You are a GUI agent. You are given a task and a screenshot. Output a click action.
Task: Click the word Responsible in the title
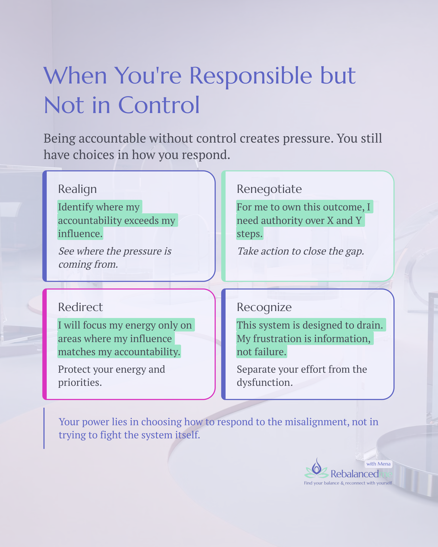251,76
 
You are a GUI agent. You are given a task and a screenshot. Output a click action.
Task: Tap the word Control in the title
159,105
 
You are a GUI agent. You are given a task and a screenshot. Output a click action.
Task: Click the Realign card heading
77,189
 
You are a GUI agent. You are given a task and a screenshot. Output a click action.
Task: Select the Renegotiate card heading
269,189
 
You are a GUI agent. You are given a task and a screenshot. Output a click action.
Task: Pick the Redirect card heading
80,307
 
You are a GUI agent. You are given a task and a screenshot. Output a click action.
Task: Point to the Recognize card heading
264,307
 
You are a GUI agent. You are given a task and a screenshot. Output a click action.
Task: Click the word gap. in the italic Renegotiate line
355,251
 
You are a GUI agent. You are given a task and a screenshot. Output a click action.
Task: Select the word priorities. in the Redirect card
80,382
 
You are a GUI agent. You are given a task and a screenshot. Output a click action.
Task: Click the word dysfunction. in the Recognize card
265,382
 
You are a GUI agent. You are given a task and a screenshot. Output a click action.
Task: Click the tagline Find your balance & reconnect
348,483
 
